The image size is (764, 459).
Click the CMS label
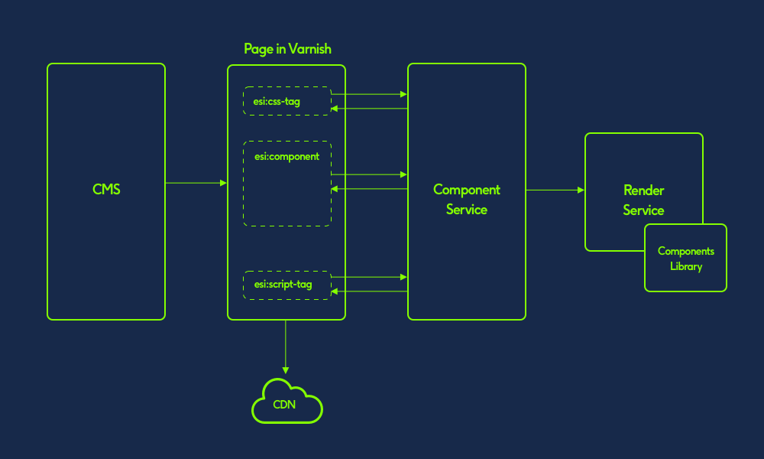pos(106,190)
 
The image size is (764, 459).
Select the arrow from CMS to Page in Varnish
pos(196,184)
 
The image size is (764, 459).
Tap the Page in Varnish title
pos(287,49)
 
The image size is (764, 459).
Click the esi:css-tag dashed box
pos(287,101)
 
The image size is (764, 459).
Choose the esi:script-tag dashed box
pos(287,285)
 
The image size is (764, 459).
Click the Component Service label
pos(466,200)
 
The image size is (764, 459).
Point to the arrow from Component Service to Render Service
pos(555,190)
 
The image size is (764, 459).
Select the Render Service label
pos(643,200)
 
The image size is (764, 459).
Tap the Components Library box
pos(685,258)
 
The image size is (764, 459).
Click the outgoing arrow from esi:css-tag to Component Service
pos(369,95)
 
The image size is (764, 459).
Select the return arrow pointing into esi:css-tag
pos(369,109)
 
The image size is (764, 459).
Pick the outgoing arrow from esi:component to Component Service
pos(369,174)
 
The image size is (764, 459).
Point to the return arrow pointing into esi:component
pos(369,188)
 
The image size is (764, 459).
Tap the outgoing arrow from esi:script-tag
pos(369,277)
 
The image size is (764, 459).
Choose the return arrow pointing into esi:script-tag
pos(369,291)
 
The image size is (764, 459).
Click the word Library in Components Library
pos(685,266)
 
